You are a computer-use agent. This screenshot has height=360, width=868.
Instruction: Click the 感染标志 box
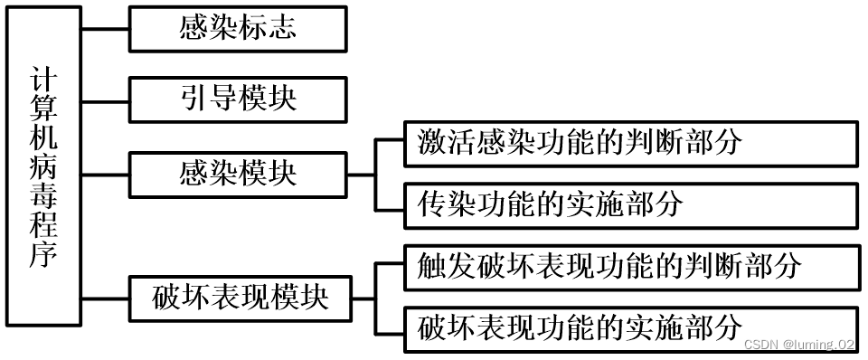click(238, 29)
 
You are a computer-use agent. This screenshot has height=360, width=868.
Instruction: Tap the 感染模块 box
click(238, 174)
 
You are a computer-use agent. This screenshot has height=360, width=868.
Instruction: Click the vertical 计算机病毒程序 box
click(43, 171)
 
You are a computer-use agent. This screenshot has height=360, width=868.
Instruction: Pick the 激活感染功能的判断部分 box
click(630, 144)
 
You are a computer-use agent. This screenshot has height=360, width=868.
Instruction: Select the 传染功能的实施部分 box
click(630, 204)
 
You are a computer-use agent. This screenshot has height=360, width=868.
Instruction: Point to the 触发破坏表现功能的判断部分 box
click(630, 266)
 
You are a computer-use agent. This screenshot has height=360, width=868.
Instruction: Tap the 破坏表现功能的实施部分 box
click(630, 327)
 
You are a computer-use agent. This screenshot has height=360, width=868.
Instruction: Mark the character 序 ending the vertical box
click(43, 256)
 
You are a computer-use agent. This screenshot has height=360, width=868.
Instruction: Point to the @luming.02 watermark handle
click(818, 345)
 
